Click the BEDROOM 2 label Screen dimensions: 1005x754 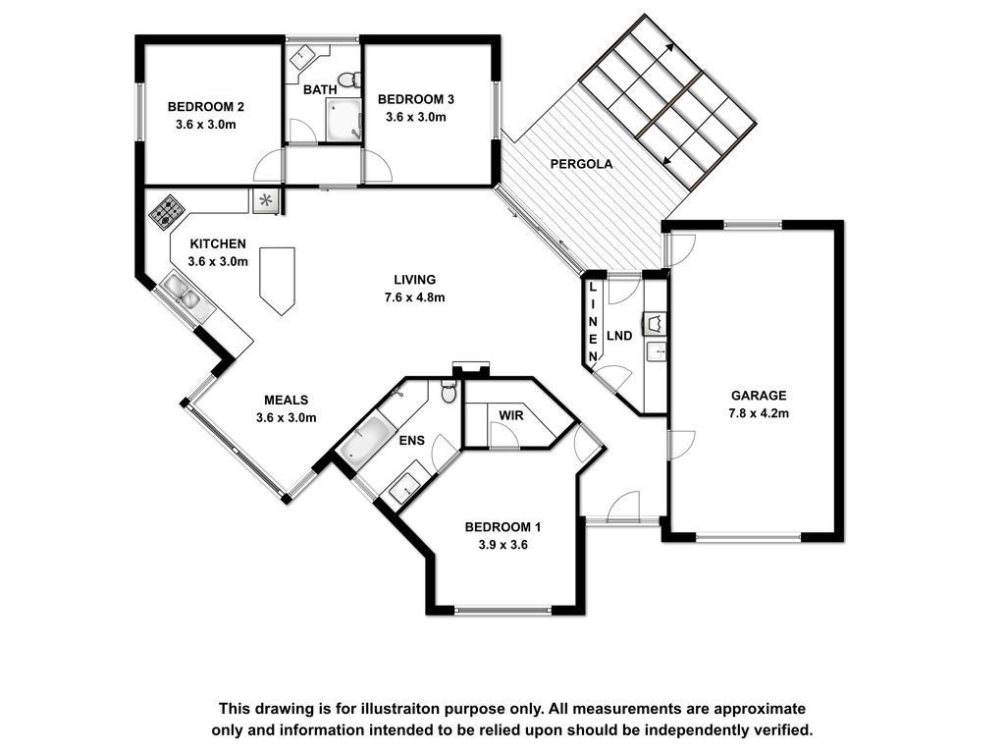click(x=206, y=107)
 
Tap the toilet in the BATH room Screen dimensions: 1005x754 click(x=348, y=80)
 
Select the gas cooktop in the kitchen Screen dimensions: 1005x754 click(x=167, y=212)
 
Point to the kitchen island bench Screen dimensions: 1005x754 click(x=278, y=280)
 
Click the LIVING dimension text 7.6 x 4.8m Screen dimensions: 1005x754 click(x=415, y=297)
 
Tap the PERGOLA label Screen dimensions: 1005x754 click(x=581, y=164)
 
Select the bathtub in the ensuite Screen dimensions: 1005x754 click(x=367, y=440)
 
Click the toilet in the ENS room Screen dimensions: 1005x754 click(x=449, y=391)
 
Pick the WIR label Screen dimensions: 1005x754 click(x=510, y=415)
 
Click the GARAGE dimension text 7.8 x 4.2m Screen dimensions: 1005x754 click(x=759, y=413)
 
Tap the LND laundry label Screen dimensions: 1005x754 click(x=619, y=336)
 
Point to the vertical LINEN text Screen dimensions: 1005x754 click(x=593, y=321)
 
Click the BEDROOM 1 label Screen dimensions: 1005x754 click(x=503, y=527)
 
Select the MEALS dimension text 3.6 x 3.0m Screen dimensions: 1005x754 click(x=287, y=418)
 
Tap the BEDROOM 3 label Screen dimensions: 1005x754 click(x=416, y=99)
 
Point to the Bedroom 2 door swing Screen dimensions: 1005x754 click(x=268, y=167)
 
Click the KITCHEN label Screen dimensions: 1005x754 click(x=218, y=243)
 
